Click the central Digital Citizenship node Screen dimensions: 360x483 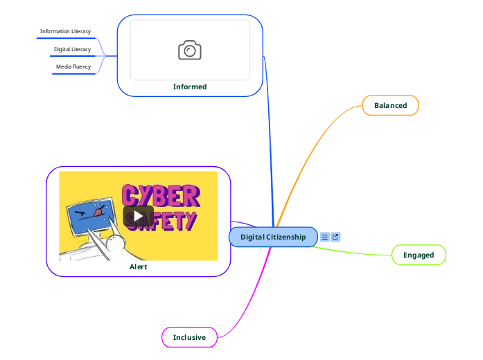point(273,237)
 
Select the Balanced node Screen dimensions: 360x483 point(390,105)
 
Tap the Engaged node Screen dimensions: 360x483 point(419,255)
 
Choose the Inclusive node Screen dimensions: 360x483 point(189,337)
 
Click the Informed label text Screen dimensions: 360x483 point(190,87)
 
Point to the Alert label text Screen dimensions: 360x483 point(138,267)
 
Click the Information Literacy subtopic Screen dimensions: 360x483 point(65,31)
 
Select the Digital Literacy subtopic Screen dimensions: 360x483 point(72,49)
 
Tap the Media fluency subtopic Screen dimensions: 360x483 point(73,66)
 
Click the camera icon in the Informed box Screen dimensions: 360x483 point(190,50)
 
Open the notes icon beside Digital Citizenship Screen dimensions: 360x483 point(325,237)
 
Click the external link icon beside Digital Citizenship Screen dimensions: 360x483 point(335,237)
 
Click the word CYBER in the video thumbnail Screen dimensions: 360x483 point(161,196)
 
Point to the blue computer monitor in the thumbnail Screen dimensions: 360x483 point(90,214)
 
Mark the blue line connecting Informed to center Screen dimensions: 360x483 point(269,138)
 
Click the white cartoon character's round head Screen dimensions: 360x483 point(115,243)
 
